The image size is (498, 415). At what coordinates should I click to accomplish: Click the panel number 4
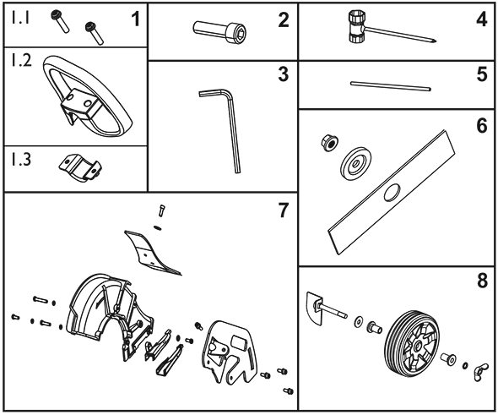point(482,19)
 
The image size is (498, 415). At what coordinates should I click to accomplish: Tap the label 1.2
point(21,59)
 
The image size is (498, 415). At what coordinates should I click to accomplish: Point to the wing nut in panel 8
point(478,371)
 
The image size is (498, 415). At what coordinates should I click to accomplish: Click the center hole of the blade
point(392,193)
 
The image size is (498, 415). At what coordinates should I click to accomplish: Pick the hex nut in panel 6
point(329,142)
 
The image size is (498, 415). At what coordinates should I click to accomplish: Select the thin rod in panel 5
point(391,86)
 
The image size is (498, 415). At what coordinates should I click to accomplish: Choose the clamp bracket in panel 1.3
point(80,168)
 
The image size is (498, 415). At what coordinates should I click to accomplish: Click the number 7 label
point(283,210)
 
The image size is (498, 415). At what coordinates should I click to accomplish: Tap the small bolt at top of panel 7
point(162,210)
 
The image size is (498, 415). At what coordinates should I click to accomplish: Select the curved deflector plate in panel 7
point(149,253)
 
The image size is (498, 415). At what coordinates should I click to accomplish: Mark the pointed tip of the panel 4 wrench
point(437,41)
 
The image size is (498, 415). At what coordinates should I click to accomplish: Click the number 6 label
point(482,126)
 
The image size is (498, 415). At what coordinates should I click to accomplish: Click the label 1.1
point(20,18)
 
